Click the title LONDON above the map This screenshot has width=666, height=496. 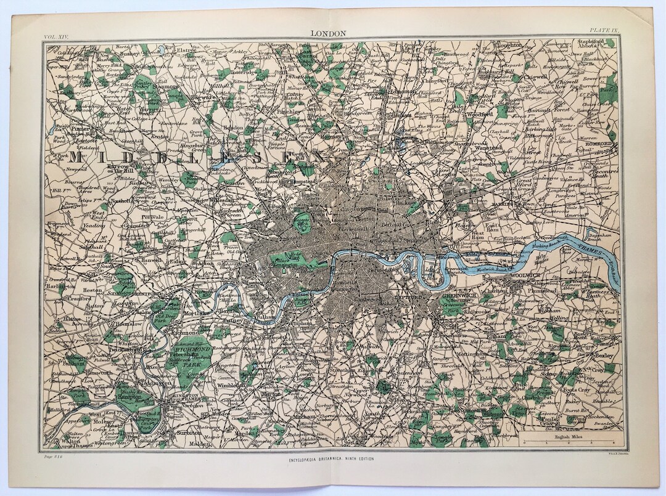[329, 34]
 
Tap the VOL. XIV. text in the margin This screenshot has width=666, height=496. [57, 38]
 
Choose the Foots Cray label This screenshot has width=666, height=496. [578, 389]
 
